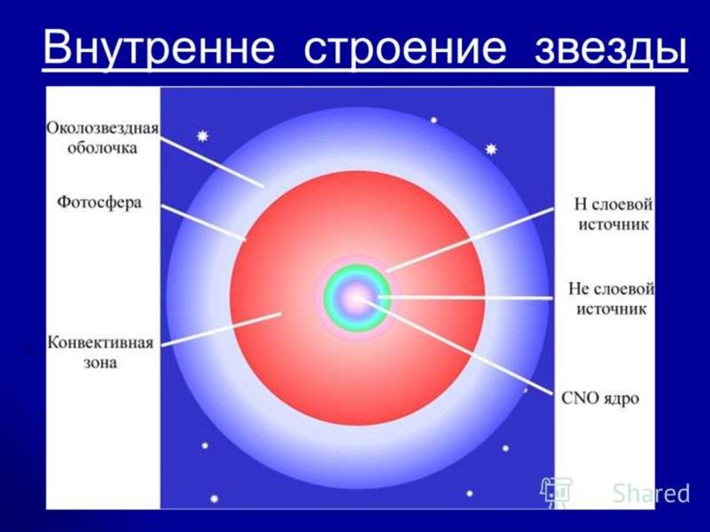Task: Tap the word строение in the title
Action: [404, 49]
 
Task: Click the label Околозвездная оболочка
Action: [103, 138]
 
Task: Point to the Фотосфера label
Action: [99, 202]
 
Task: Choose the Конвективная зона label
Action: [101, 352]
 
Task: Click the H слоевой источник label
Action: [614, 214]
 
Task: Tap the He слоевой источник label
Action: [612, 299]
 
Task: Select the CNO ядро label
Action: [600, 398]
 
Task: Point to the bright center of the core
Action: [357, 298]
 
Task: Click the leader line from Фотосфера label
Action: [204, 223]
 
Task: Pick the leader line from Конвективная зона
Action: [221, 329]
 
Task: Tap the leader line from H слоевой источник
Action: [471, 240]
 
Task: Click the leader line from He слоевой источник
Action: [465, 298]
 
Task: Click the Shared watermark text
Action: [650, 492]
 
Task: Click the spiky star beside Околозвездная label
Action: [202, 135]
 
